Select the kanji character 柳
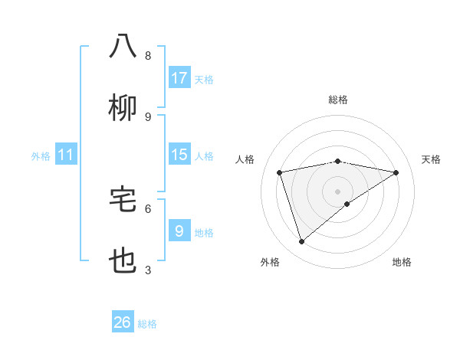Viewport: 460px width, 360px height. tap(123, 108)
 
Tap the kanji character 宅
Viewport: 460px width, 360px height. tap(123, 199)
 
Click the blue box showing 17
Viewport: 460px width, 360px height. tap(179, 78)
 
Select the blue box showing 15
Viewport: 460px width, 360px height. tap(179, 155)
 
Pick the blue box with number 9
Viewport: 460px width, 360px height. tap(179, 231)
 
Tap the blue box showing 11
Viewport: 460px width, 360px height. tap(66, 155)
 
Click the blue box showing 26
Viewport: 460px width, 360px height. tap(123, 322)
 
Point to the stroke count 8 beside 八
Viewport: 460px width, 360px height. tap(148, 56)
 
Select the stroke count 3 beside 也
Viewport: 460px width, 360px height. tap(148, 270)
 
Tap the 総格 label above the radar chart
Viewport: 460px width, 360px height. tap(338, 100)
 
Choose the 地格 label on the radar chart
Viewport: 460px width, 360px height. tap(402, 262)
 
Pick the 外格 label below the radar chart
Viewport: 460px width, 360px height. tap(270, 262)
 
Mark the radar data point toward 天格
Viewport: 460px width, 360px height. tap(396, 172)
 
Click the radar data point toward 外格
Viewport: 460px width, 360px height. tap(301, 242)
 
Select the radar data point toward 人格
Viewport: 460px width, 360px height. tap(280, 172)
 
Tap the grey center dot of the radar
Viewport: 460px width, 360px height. tap(338, 191)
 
